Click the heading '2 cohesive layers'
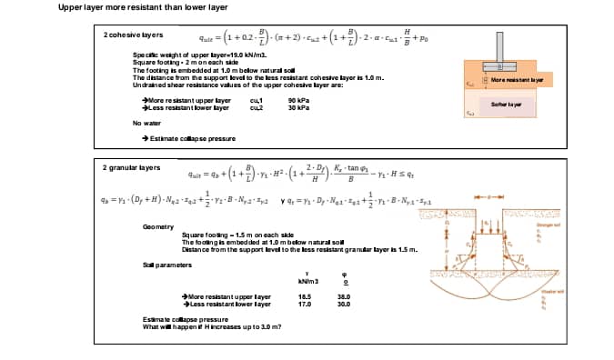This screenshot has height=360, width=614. pyautogui.click(x=133, y=35)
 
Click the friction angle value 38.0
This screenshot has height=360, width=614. pyautogui.click(x=343, y=296)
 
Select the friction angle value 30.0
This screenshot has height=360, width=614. pyautogui.click(x=343, y=303)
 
